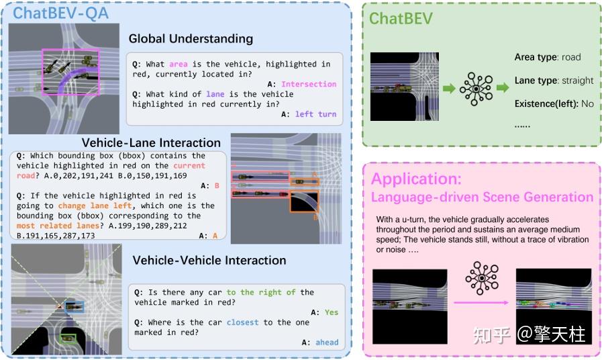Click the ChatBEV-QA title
pos(60,13)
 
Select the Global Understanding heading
pos(191,39)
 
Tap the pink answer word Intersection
pos(309,84)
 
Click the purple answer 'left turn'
pos(315,114)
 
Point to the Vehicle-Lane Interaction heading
pos(151,142)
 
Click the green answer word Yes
pos(332,312)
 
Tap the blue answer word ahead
pos(327,343)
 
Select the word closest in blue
pos(242,322)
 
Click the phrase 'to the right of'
pos(260,292)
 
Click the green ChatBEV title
pos(401,19)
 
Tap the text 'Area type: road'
pos(548,57)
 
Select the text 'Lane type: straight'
pos(554,81)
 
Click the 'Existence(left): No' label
pos(554,103)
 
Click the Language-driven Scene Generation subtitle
pos(482,197)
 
